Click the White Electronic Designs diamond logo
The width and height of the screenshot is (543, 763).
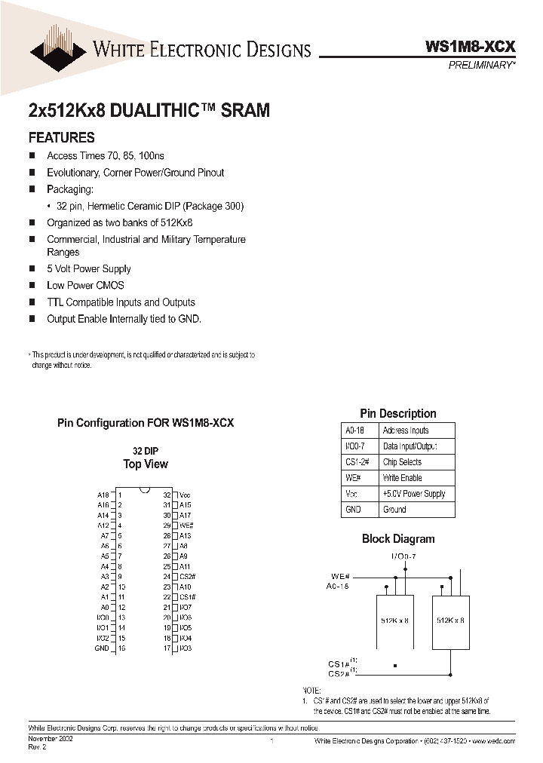(58, 47)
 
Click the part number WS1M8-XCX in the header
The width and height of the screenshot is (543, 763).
(471, 46)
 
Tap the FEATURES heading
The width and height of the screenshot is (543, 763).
(61, 137)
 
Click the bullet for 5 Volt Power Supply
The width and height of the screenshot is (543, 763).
(32, 268)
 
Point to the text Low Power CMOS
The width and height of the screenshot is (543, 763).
(85, 285)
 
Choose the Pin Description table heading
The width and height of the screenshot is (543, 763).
(397, 413)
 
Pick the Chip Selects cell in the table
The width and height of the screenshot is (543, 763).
(402, 462)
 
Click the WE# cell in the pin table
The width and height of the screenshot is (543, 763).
(353, 478)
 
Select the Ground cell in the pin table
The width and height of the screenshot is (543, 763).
(394, 510)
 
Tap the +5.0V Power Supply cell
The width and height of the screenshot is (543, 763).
(413, 494)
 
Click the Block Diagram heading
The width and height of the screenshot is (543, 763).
(398, 538)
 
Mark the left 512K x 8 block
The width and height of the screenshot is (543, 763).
(395, 620)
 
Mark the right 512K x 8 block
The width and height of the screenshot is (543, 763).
(450, 620)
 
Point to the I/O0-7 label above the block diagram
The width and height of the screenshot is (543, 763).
(403, 556)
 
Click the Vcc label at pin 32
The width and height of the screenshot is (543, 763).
(185, 495)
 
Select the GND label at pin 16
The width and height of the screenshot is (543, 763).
(102, 648)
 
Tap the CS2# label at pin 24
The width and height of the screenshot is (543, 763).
(187, 576)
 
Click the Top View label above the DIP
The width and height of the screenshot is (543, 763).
(146, 464)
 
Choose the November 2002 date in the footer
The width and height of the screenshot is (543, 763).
(51, 740)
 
